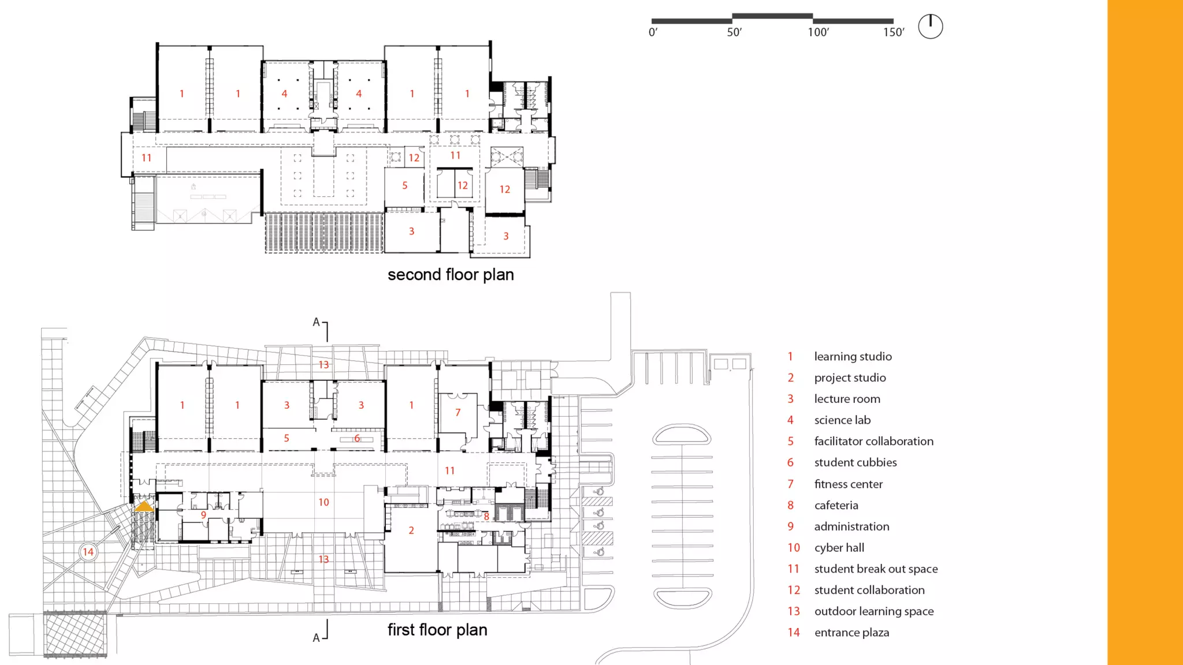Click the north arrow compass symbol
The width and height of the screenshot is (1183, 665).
tap(930, 27)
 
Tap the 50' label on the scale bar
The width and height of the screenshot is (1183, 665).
tap(734, 32)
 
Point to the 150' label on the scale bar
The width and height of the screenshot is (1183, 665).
tap(893, 32)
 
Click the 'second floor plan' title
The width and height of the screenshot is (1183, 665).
tap(451, 275)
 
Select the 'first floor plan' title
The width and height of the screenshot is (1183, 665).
tap(437, 630)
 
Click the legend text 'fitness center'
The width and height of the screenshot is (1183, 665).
tap(848, 484)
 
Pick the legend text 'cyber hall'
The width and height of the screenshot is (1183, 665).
tap(839, 547)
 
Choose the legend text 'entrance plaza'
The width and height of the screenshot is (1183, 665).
tap(851, 632)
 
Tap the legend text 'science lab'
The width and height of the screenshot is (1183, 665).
tap(842, 420)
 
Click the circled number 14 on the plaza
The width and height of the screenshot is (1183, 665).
tap(88, 552)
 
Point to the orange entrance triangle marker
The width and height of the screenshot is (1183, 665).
tap(144, 506)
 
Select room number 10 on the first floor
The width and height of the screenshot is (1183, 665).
tap(323, 502)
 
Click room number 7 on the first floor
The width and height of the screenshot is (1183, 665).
tap(458, 412)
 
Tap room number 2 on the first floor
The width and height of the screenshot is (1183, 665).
tap(411, 530)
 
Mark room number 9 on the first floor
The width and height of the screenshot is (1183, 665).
tap(203, 515)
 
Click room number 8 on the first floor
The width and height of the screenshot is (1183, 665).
tap(486, 517)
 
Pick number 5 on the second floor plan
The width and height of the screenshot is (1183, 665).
tap(405, 185)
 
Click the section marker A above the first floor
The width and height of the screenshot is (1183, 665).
tap(316, 322)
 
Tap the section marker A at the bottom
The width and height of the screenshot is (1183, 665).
tap(316, 638)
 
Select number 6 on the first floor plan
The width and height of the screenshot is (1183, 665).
tap(357, 438)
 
